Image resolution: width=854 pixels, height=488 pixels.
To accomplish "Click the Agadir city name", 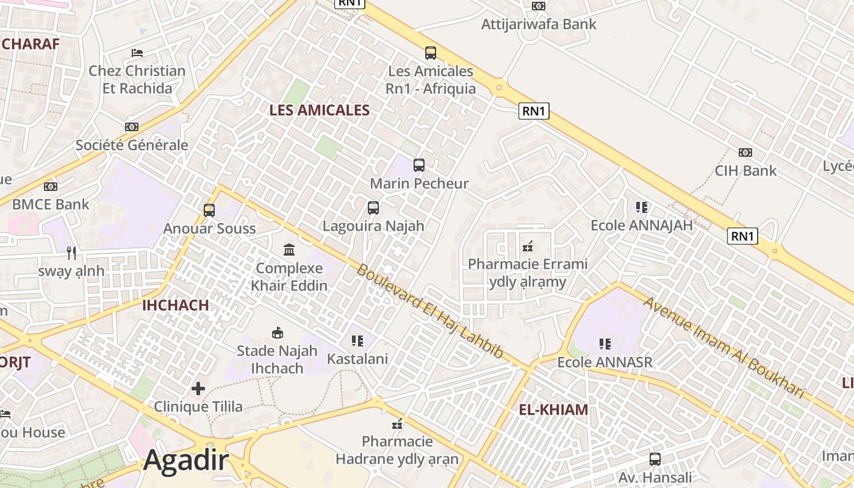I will click(185, 461).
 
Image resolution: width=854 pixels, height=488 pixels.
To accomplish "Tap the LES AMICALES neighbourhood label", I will click(320, 110).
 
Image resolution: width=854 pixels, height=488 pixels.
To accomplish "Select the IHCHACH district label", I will click(175, 305).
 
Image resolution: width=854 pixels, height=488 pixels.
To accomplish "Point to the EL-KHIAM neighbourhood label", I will click(553, 409).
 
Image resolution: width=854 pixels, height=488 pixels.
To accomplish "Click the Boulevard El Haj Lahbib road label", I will click(429, 311).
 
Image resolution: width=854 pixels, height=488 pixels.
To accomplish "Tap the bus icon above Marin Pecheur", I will click(419, 165).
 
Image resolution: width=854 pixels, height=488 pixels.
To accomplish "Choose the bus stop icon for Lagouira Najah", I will click(373, 207).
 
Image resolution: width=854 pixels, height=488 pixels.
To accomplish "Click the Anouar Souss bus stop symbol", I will click(209, 210).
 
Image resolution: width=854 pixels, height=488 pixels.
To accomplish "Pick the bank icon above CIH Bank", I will click(745, 152).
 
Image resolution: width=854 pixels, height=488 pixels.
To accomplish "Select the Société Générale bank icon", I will click(132, 127).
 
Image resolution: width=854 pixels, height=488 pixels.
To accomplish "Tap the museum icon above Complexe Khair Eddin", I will click(289, 249).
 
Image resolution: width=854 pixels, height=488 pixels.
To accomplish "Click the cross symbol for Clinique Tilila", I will click(198, 388).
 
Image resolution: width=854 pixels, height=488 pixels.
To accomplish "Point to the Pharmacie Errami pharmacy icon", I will click(528, 246).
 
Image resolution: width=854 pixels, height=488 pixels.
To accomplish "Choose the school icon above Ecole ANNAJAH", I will click(641, 207).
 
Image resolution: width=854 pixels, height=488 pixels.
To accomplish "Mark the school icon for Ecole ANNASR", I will click(605, 344).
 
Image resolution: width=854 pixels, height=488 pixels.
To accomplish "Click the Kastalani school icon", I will click(357, 340).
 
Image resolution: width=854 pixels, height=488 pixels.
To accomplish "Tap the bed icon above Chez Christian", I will click(137, 52).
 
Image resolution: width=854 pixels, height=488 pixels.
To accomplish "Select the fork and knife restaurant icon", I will click(71, 253).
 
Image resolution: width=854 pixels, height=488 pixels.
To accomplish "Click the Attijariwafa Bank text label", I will click(539, 24).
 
